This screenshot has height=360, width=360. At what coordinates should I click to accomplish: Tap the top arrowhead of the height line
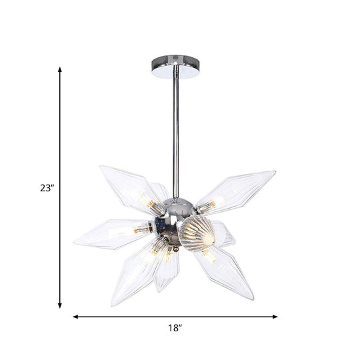click(61, 69)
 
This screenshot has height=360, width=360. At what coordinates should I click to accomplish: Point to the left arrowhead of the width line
click(75, 315)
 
